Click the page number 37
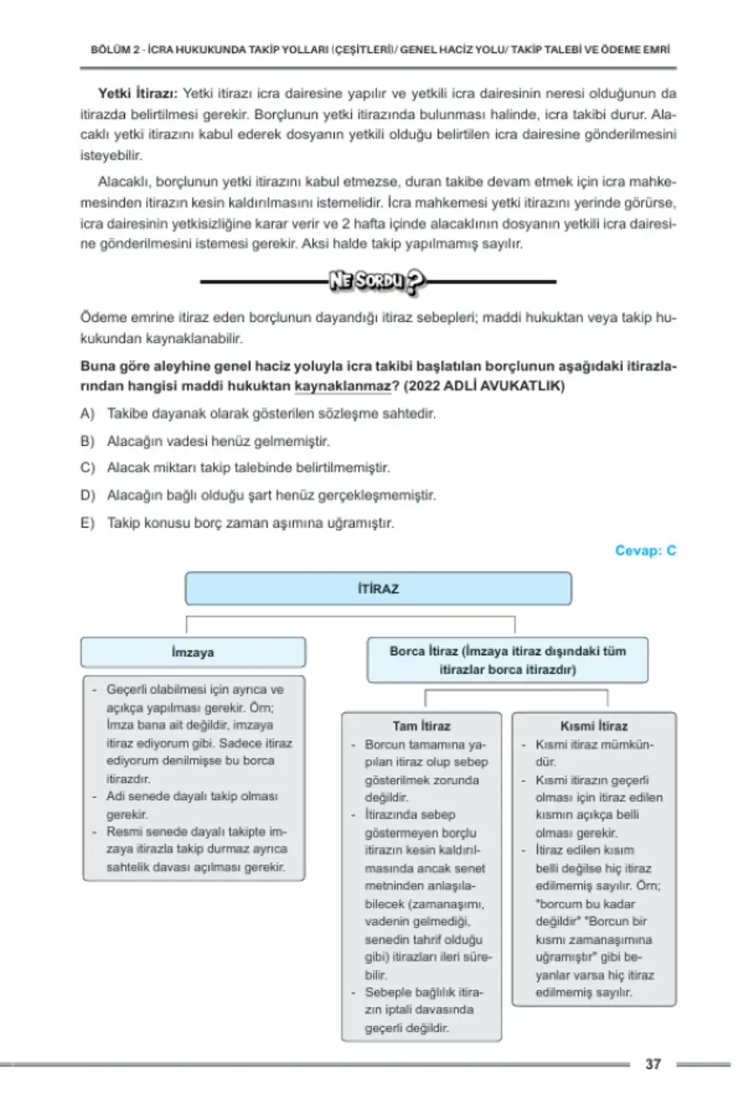[x=652, y=1064]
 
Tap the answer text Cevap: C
[x=645, y=550]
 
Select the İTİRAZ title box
[x=378, y=588]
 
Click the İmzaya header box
[x=193, y=652]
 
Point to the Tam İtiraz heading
[x=421, y=725]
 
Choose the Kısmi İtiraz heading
[x=594, y=725]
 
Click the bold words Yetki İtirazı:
[x=138, y=94]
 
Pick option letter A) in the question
[x=88, y=413]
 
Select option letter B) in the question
[x=88, y=441]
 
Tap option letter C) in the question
[x=88, y=468]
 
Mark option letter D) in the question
[x=88, y=495]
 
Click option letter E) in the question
[x=88, y=523]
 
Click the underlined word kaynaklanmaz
[x=342, y=386]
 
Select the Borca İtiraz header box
[x=507, y=659]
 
